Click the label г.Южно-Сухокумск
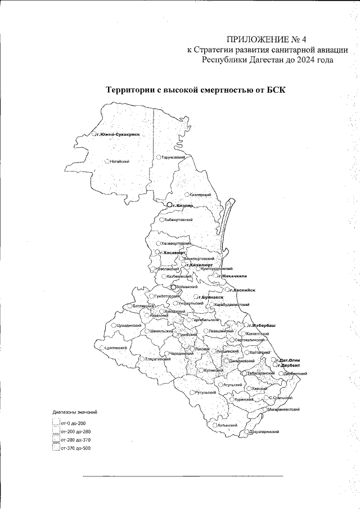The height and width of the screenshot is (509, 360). [117, 134]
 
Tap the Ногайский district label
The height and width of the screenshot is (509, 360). [120, 161]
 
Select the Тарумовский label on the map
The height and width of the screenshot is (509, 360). [174, 158]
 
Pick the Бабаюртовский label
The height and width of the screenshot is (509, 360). [178, 220]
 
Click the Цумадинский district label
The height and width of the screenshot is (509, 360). [129, 326]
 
